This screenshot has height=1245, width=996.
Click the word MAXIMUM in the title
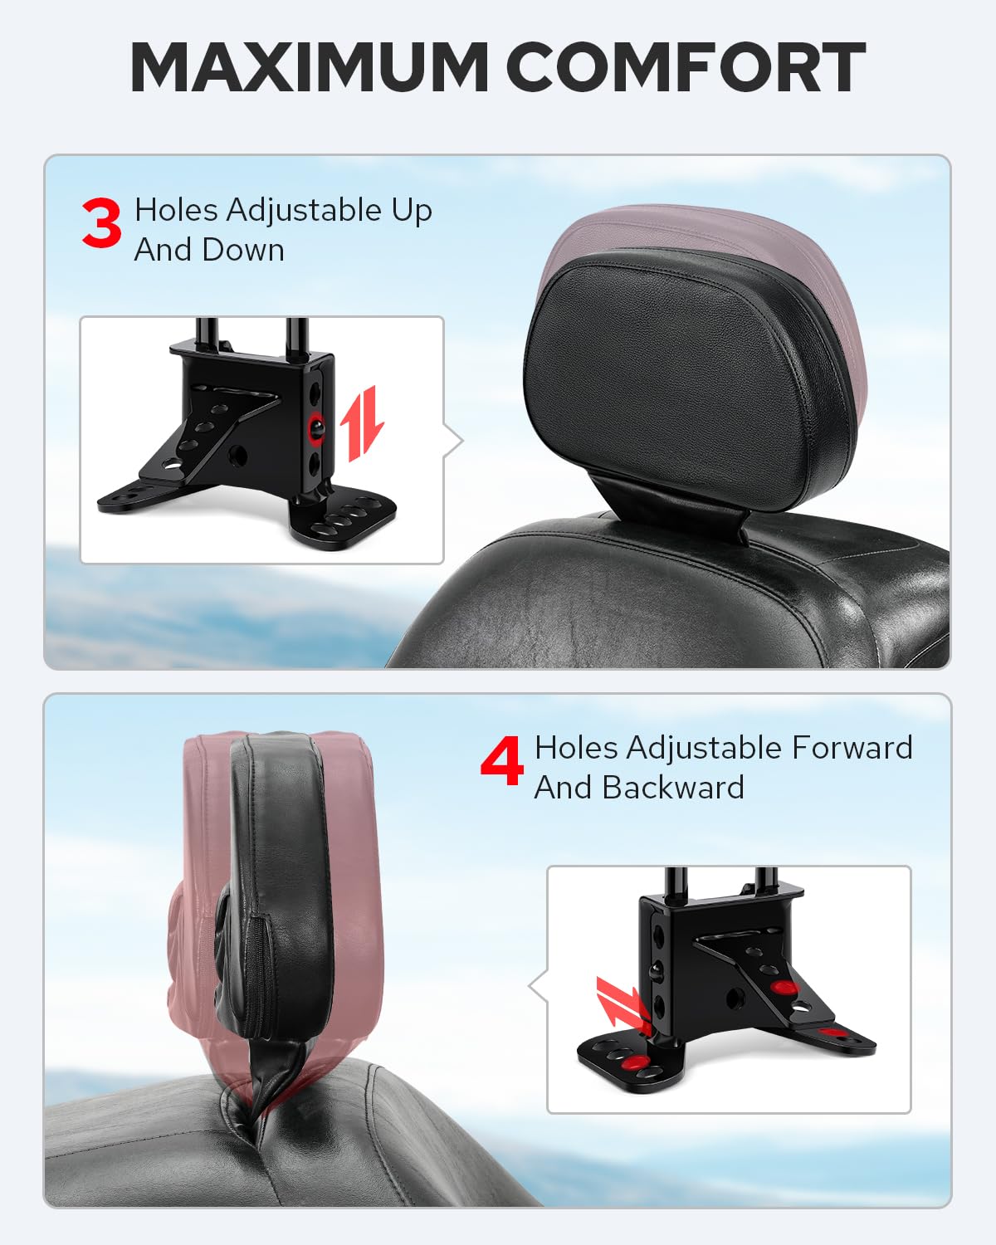(309, 67)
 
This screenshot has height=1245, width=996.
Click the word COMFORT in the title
(689, 67)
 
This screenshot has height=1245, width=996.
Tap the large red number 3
(101, 223)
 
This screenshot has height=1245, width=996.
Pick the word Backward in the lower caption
(673, 788)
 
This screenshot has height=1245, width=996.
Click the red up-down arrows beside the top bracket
(362, 423)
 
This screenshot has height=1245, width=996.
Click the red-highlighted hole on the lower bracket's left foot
(633, 1062)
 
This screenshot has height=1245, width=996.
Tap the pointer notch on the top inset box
(454, 442)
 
